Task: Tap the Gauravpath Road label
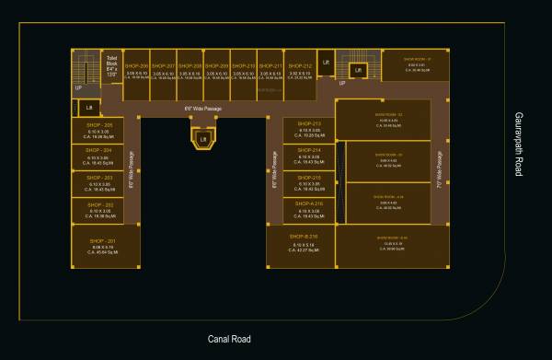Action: tap(518, 145)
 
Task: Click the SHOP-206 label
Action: tap(137, 66)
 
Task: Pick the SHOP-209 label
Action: tap(217, 66)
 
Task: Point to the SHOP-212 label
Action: tap(299, 66)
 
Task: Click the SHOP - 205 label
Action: tap(99, 124)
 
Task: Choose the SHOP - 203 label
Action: tap(99, 177)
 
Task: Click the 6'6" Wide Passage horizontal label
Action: tap(203, 109)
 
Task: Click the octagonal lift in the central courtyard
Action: tap(203, 138)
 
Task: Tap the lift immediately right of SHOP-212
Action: tap(326, 64)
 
